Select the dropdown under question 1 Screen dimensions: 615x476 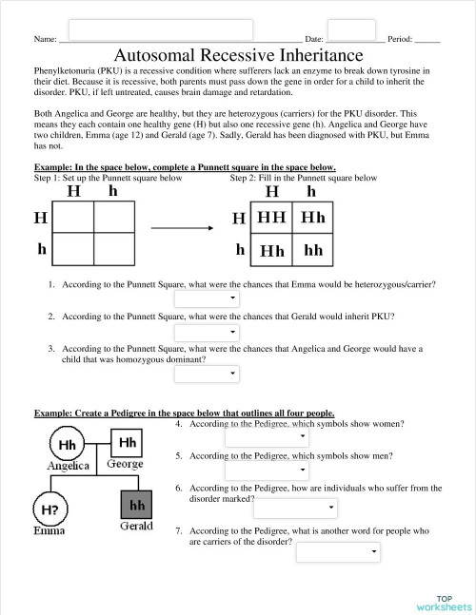point(206,299)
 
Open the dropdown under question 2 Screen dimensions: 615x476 point(206,332)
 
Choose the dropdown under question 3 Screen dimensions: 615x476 point(206,375)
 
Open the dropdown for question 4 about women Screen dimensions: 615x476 point(267,437)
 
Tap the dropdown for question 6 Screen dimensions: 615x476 point(294,508)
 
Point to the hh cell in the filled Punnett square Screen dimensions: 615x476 point(313,251)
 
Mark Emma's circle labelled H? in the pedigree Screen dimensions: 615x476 point(50,509)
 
